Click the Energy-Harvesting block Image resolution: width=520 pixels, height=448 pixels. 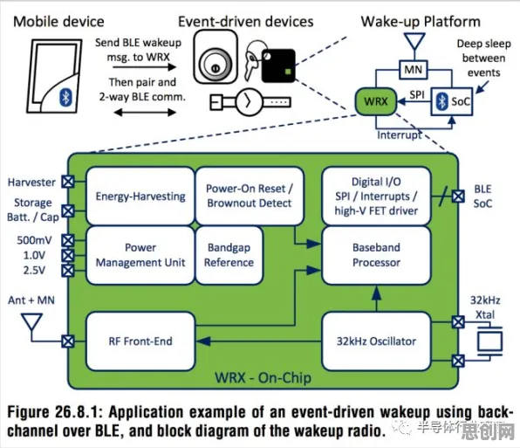pos(140,196)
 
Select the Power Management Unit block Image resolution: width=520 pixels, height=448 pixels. pos(140,255)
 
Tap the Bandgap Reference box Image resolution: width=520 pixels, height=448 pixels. pos(229,255)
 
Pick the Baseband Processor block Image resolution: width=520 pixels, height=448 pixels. pos(376,255)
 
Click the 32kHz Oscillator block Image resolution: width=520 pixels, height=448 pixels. pos(376,341)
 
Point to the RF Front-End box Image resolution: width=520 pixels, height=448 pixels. pos(140,341)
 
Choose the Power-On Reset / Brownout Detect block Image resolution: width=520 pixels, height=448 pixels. pos(250,196)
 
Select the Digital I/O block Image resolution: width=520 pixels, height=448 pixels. pos(376,196)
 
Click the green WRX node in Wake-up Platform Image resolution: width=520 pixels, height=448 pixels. pos(376,101)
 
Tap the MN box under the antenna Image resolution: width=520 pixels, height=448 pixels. pos(414,70)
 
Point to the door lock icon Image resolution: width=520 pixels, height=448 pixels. pos(216,57)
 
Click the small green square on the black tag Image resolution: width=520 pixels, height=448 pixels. pos(288,72)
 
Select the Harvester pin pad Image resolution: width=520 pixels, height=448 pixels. pos(68,182)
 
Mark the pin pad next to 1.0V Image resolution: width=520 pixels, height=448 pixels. pos(68,255)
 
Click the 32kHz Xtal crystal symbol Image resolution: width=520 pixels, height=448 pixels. pos(489,341)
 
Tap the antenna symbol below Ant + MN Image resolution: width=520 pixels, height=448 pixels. pos(31,322)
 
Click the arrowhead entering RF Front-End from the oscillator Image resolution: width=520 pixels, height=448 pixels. pos(203,341)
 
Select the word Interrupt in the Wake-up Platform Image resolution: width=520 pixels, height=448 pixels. pos(400,135)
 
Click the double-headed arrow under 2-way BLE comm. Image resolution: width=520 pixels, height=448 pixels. pos(145,113)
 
